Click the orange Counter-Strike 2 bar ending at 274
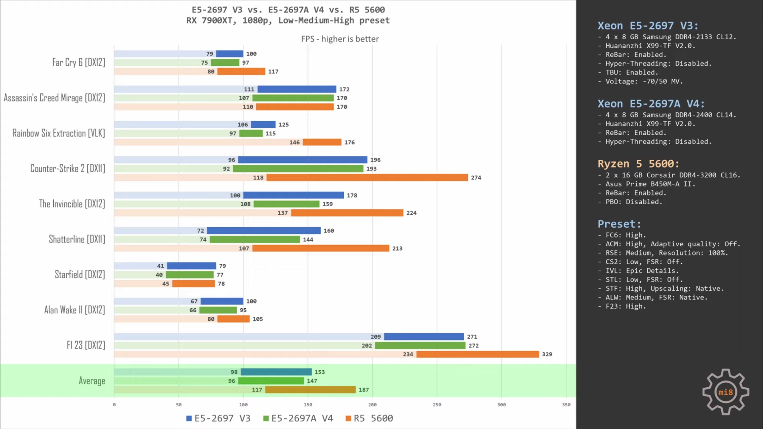click(367, 178)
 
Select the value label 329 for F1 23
click(547, 354)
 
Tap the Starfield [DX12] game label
click(80, 274)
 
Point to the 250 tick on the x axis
click(437, 405)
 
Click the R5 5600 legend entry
click(369, 418)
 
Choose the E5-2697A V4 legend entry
click(298, 418)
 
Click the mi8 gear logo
click(725, 392)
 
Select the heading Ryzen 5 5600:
click(638, 164)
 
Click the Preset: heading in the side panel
click(619, 224)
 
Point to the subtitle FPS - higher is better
click(340, 39)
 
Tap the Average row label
click(92, 381)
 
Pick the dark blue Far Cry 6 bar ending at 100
click(229, 54)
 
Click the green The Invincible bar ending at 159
click(286, 204)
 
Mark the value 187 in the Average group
click(364, 390)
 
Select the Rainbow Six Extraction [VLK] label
click(59, 133)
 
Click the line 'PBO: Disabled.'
click(634, 202)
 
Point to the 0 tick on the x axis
click(114, 405)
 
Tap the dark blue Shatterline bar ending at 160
click(264, 231)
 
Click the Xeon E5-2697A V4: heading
click(651, 104)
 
